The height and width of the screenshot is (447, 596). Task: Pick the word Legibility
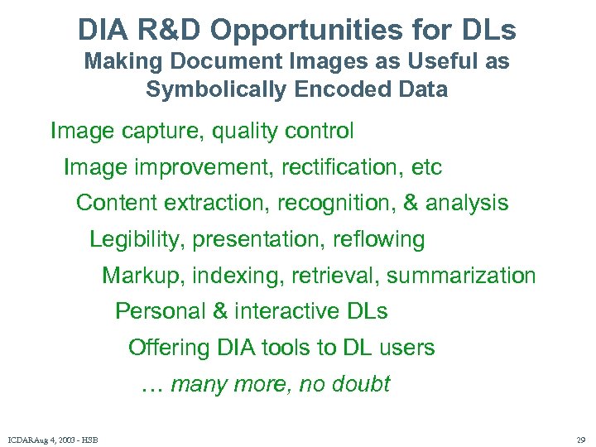[137, 240]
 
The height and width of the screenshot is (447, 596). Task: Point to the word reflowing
[378, 240]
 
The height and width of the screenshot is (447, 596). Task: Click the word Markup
[136, 276]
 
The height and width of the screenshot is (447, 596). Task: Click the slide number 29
[579, 439]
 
